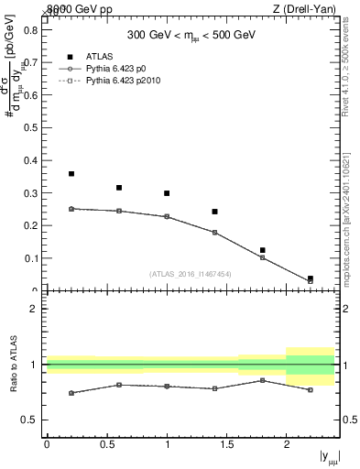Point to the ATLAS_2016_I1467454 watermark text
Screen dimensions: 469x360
(190, 273)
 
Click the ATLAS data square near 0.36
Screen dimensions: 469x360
(71, 173)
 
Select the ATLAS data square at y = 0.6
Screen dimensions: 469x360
(119, 188)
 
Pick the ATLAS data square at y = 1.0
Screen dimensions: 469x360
(167, 193)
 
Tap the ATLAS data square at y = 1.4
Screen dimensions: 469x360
(214, 212)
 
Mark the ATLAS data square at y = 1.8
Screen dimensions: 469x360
(262, 250)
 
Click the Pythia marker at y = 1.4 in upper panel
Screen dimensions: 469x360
(214, 233)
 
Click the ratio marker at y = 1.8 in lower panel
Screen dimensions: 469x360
(262, 379)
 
